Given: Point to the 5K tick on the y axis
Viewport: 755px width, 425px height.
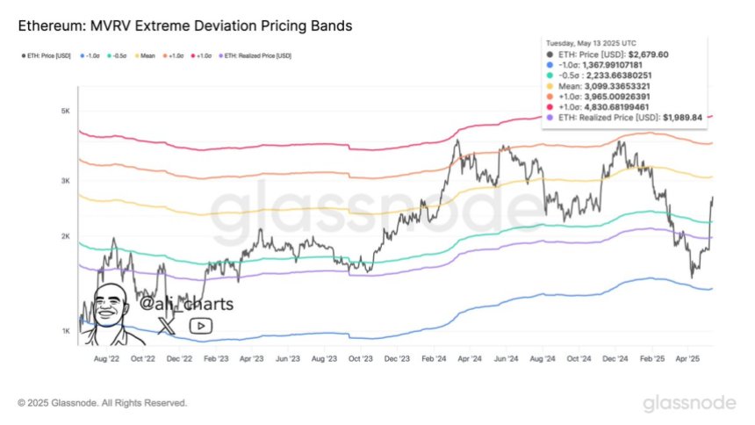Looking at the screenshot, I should [64, 112].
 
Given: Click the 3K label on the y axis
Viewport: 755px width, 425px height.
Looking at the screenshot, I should [64, 181].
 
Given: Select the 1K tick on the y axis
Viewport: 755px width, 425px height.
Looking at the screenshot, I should [64, 330].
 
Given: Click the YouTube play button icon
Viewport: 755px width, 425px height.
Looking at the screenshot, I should [200, 326].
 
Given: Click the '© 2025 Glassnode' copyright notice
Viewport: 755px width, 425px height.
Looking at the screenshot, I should [103, 403].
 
